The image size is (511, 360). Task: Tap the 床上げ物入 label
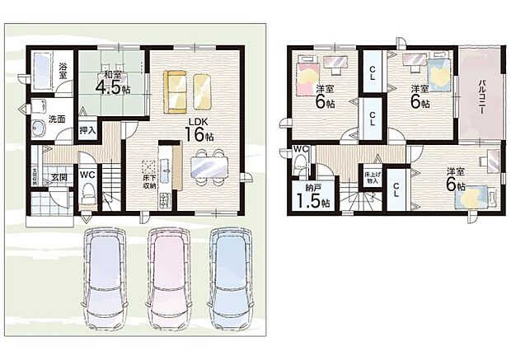370,177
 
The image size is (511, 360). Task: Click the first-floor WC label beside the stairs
88,174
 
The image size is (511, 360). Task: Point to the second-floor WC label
301,149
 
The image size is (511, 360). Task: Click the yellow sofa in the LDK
175,91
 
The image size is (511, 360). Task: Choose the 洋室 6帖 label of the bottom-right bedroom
455,180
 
